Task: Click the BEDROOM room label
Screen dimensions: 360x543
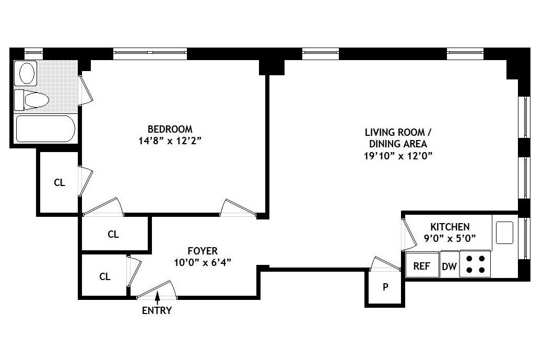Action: tap(170, 129)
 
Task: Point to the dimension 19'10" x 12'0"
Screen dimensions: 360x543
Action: tap(398, 155)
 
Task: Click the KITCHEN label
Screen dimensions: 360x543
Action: tap(450, 227)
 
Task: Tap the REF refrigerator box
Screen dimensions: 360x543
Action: tap(421, 266)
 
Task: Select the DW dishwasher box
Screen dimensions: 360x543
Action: tap(449, 266)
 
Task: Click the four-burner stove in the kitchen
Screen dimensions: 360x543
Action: tap(475, 264)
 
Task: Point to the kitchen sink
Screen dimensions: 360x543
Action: tap(504, 233)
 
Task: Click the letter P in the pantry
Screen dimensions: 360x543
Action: tap(385, 286)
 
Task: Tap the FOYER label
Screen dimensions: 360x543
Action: tap(203, 251)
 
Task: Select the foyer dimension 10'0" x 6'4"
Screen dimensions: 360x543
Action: tap(203, 262)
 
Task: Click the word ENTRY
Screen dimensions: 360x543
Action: tap(157, 310)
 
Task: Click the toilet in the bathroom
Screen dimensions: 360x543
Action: tap(32, 100)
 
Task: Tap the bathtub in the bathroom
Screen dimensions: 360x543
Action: tap(45, 129)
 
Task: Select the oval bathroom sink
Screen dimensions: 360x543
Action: tap(27, 73)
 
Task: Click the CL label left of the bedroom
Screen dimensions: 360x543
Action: tap(60, 183)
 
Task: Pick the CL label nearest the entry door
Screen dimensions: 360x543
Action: tap(105, 276)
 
